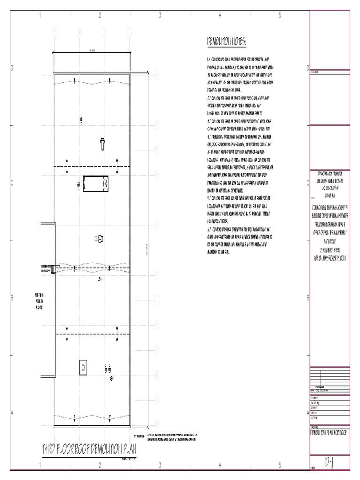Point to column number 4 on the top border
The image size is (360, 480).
(x=220, y=15)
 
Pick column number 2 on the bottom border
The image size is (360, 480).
(x=100, y=465)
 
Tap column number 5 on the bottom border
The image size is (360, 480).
(x=280, y=465)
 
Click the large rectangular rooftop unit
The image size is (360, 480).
(x=96, y=184)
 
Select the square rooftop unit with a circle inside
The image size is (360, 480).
(x=83, y=367)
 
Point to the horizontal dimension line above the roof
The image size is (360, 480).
(x=91, y=52)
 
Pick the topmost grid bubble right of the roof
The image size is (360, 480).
(x=156, y=73)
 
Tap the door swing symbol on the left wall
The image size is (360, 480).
(x=53, y=269)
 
